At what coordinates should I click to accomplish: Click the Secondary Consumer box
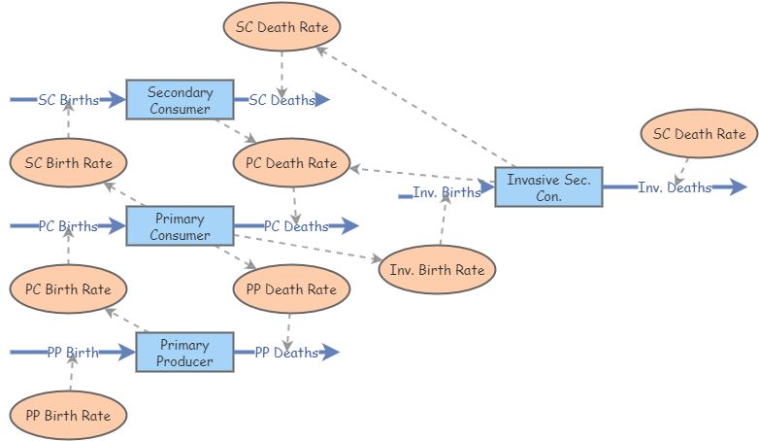181,100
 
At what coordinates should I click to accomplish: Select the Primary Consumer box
181,225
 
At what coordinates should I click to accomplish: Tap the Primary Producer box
185,353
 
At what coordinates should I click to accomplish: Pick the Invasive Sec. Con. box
549,187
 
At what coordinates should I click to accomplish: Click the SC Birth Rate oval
68,163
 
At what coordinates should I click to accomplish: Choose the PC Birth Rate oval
68,289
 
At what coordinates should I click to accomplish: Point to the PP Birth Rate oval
68,416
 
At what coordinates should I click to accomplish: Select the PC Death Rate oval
291,163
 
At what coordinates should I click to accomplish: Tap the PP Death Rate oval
291,289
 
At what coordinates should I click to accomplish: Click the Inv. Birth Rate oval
437,269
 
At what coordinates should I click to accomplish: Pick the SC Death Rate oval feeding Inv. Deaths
699,134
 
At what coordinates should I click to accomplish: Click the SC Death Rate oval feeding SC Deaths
281,26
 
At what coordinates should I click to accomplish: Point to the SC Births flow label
68,100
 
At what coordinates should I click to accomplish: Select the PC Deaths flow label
296,225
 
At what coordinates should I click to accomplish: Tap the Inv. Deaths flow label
675,187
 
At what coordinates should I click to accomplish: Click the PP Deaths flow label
286,353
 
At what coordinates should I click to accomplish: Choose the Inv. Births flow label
446,192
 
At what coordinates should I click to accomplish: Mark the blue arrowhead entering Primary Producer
127,353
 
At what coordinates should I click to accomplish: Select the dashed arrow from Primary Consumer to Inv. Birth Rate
308,248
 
